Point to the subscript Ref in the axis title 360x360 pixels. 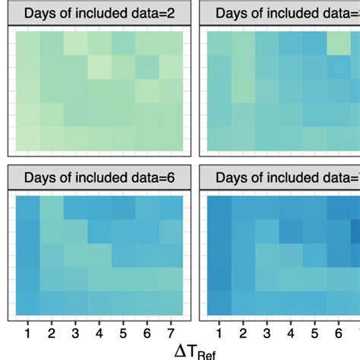click(x=207, y=354)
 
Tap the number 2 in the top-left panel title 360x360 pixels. click(x=171, y=13)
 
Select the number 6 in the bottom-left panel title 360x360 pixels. click(x=171, y=178)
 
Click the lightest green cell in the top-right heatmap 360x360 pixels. click(x=339, y=47)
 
